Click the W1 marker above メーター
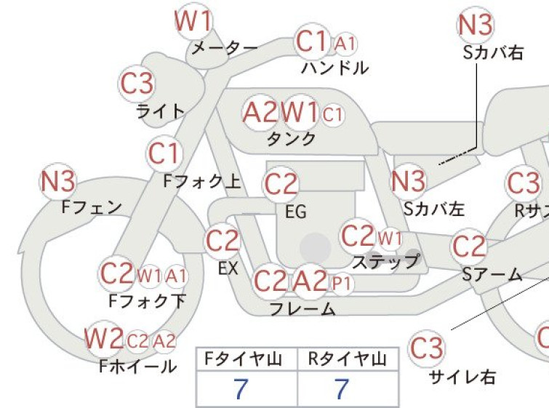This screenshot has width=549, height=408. coord(193,21)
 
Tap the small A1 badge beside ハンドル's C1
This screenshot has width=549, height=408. coord(345,44)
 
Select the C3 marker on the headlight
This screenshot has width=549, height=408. coord(137,84)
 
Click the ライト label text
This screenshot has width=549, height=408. coord(161,112)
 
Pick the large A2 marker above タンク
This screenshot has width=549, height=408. coord(261,113)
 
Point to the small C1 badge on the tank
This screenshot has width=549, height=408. coord(332,114)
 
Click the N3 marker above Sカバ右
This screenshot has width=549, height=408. coord(476,25)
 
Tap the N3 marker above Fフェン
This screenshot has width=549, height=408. coord(58,182)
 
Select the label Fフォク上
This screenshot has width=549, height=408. coord(202,182)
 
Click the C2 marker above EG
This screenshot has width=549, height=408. coord(281,185)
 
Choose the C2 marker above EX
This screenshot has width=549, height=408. coord(223,241)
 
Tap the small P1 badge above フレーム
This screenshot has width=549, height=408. coord(341,284)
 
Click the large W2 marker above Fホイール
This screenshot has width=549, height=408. coord(103,339)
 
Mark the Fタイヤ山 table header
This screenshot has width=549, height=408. coord(244,359)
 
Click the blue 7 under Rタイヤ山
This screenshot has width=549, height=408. coord(342,389)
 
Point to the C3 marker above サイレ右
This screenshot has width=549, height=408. coord(427,348)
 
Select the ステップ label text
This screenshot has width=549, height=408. coord(385,261)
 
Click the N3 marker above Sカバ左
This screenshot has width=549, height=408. coord(408,182)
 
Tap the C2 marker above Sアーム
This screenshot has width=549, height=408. coord(469,247)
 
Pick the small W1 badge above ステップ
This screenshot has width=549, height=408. coord(390,239)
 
